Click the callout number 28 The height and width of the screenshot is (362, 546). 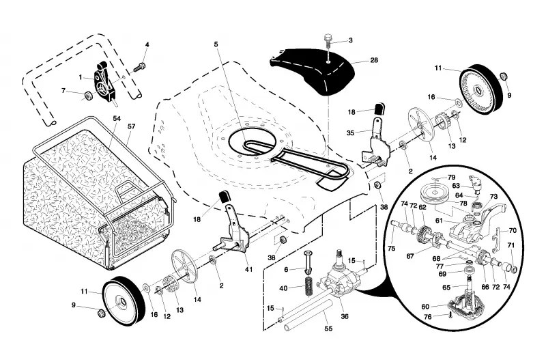pos(374,60)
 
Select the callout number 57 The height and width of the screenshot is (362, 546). pos(131,126)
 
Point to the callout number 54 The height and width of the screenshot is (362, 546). pos(117,118)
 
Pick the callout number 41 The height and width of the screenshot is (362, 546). pos(248,269)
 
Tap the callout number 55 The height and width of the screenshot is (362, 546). pos(328,329)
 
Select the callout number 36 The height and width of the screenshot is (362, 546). pos(345,316)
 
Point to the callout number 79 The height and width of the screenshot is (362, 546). pos(451,177)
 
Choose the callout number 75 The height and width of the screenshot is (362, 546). pos(391,248)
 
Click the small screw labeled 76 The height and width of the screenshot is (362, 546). pos(450,316)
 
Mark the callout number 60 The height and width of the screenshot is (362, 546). pos(425,307)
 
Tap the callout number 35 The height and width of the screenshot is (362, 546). pos(350,133)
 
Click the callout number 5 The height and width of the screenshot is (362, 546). pos(216,44)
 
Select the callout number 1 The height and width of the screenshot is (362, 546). pos(81,77)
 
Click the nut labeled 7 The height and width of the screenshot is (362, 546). pos(89,94)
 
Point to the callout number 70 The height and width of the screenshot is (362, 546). pos(513,230)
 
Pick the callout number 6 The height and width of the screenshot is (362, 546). pos(286,269)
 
